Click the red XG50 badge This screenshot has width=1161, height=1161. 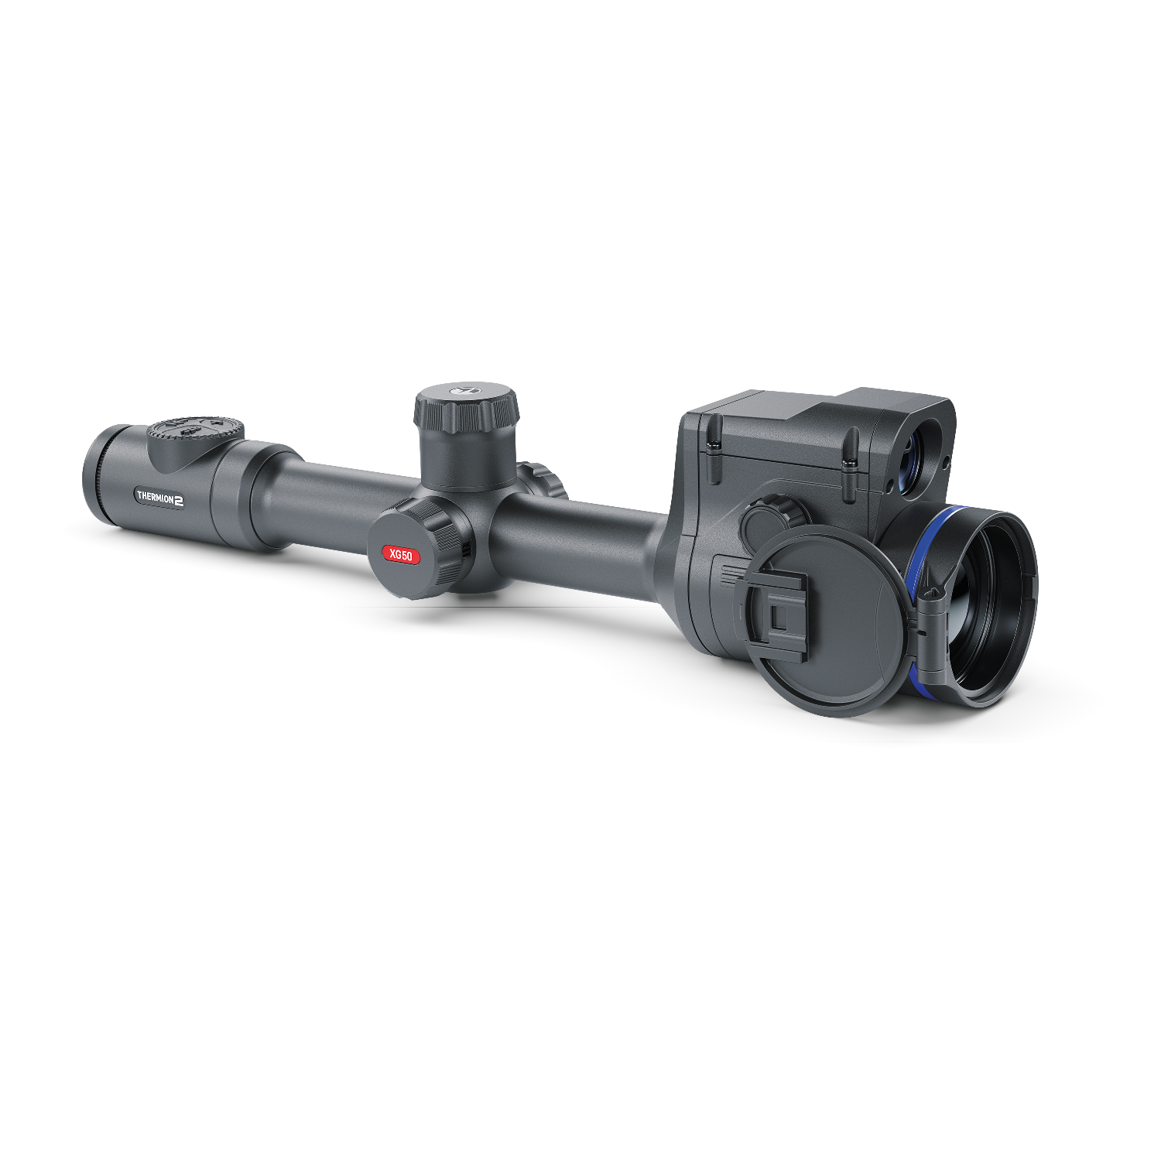(402, 555)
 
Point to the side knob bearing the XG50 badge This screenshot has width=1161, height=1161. (418, 548)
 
